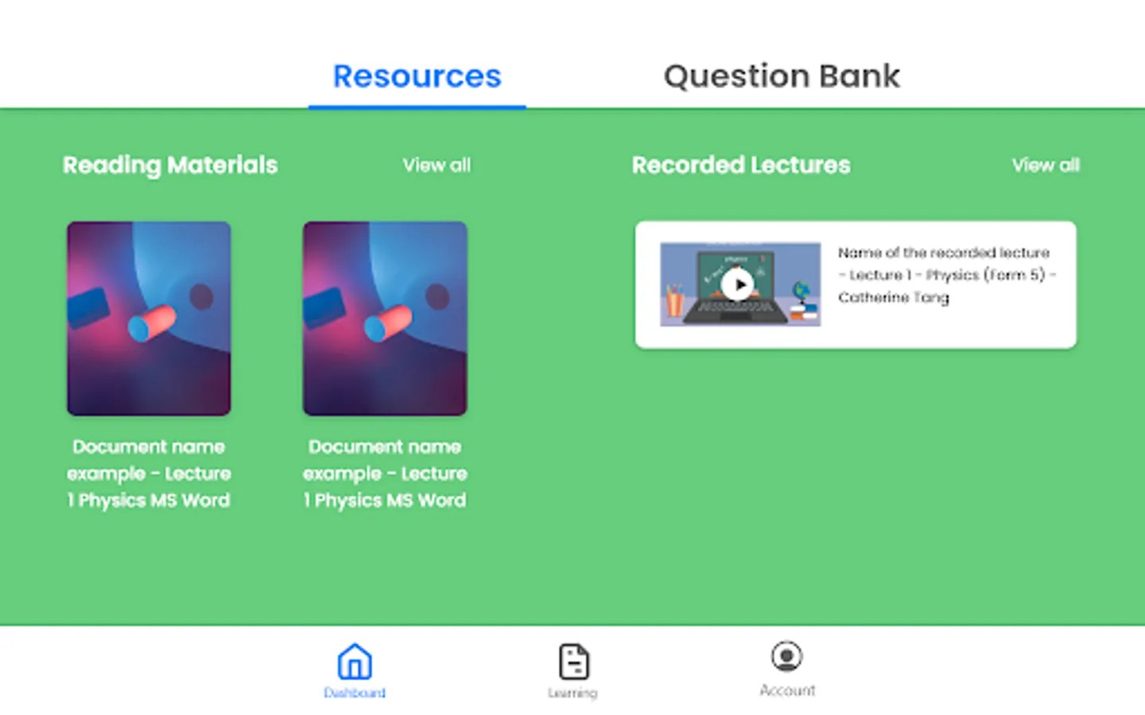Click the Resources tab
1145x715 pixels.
coord(417,76)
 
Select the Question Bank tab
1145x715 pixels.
coord(782,76)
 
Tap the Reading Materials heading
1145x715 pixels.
coord(170,165)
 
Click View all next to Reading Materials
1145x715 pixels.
coord(437,165)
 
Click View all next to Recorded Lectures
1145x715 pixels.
coord(1046,165)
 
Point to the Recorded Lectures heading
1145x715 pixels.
coord(741,165)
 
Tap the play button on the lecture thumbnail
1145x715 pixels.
coord(738,284)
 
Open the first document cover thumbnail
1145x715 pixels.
coord(149,318)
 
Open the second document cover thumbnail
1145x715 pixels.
coord(385,318)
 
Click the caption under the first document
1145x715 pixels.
coord(149,473)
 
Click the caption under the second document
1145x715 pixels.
coord(385,473)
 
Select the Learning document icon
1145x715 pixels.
coord(573,661)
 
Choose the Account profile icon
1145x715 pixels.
coord(787,656)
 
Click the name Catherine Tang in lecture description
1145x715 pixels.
coord(894,297)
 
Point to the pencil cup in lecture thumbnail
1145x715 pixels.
coord(675,301)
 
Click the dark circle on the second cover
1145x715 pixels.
coord(437,297)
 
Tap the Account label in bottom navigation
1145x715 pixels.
coord(787,690)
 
